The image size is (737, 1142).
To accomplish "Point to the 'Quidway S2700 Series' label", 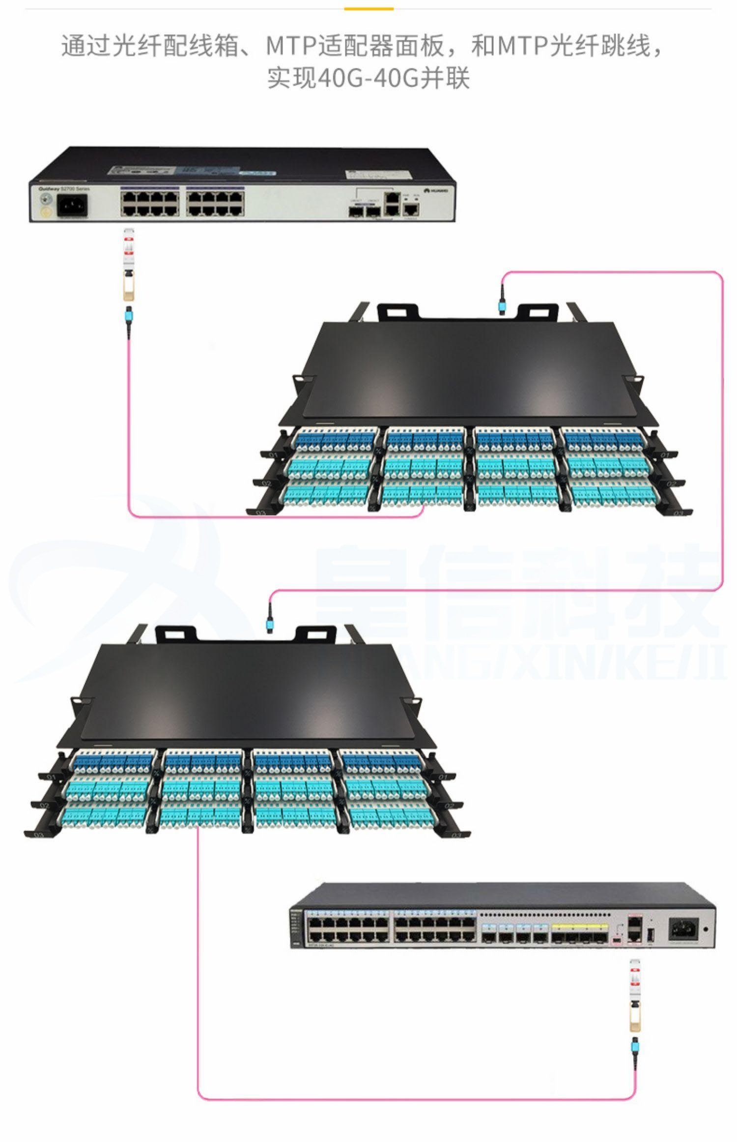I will click(x=64, y=189).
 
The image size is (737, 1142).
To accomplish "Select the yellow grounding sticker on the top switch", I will click(x=46, y=212).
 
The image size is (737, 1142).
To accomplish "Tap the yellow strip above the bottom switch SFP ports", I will click(x=580, y=926).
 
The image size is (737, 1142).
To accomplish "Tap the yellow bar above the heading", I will click(x=368, y=8).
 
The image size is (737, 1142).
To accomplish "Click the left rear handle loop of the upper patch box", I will click(x=398, y=312).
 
